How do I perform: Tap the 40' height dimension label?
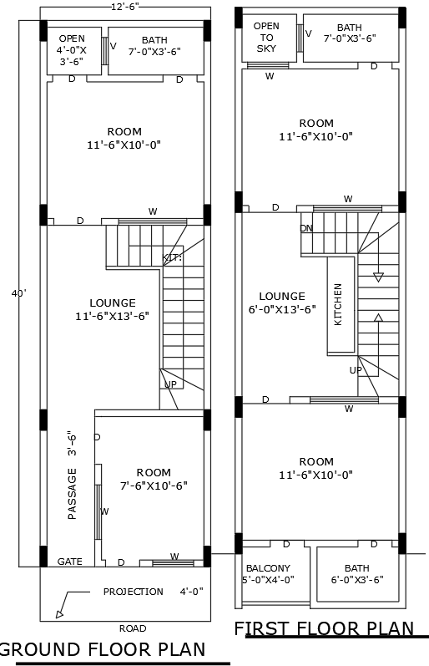[18, 293]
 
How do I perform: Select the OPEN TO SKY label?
[266, 38]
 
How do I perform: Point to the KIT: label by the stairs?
[172, 258]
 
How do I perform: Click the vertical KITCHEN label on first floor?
[338, 304]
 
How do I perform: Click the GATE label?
[69, 562]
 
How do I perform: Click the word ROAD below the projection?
[132, 628]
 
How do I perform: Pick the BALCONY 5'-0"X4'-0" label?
[267, 574]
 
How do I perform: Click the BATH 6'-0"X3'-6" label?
[356, 574]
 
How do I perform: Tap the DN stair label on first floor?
[306, 228]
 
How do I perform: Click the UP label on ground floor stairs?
[170, 384]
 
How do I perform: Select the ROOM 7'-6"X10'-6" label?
[154, 479]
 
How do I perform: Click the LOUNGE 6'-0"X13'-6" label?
[281, 302]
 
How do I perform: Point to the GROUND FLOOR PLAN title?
[103, 649]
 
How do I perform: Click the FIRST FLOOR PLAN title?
[323, 628]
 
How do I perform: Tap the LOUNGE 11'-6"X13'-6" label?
[112, 309]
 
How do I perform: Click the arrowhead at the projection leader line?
[59, 614]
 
